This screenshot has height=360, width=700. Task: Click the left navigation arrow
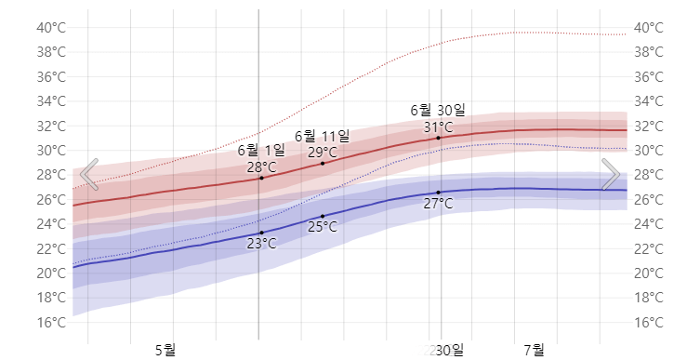tap(89, 174)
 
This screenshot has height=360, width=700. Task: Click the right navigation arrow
tap(611, 174)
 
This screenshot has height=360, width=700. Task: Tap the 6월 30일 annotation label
tap(438, 111)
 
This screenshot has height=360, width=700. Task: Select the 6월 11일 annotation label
tap(323, 136)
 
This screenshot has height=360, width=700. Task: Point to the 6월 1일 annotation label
tap(261, 150)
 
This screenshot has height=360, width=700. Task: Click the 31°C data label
tap(438, 127)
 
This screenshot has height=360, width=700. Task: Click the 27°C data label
tap(438, 203)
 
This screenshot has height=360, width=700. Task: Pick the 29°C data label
tap(323, 153)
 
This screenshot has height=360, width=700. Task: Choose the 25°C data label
tap(323, 226)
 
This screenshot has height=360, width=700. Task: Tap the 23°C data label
tap(261, 244)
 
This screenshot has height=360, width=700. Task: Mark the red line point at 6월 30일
tap(438, 138)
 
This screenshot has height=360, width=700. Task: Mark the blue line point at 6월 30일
tap(438, 192)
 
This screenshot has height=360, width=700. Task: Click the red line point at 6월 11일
tap(323, 164)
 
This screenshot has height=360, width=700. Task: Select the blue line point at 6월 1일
tap(261, 233)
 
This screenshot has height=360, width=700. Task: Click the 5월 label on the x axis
tap(165, 350)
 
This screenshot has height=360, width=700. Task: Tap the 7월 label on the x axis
tap(534, 350)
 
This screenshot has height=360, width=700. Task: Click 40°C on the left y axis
tap(51, 27)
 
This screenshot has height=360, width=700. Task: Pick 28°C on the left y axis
tap(51, 175)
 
